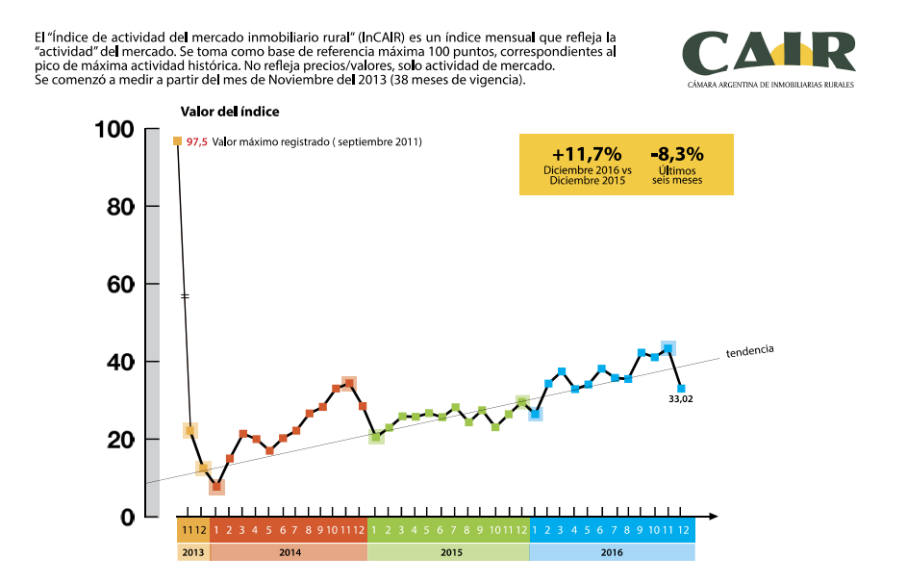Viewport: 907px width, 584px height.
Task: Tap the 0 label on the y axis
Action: (126, 518)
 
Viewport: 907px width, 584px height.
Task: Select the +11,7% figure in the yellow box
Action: (587, 154)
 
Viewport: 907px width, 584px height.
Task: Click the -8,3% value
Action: (676, 154)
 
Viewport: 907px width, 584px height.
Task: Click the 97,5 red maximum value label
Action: (196, 142)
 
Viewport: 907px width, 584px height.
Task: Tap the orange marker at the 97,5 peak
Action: (177, 141)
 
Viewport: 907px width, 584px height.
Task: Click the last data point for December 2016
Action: (681, 389)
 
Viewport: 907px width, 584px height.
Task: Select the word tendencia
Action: (750, 350)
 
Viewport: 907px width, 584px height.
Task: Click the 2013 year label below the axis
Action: (192, 552)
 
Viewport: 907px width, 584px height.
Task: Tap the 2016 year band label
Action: (612, 552)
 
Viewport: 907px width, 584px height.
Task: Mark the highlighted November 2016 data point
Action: (668, 348)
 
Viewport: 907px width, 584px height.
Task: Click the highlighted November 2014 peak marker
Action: (349, 384)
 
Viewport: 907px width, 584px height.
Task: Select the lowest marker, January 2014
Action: (216, 487)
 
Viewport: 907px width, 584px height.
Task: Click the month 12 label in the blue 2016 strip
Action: (682, 530)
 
